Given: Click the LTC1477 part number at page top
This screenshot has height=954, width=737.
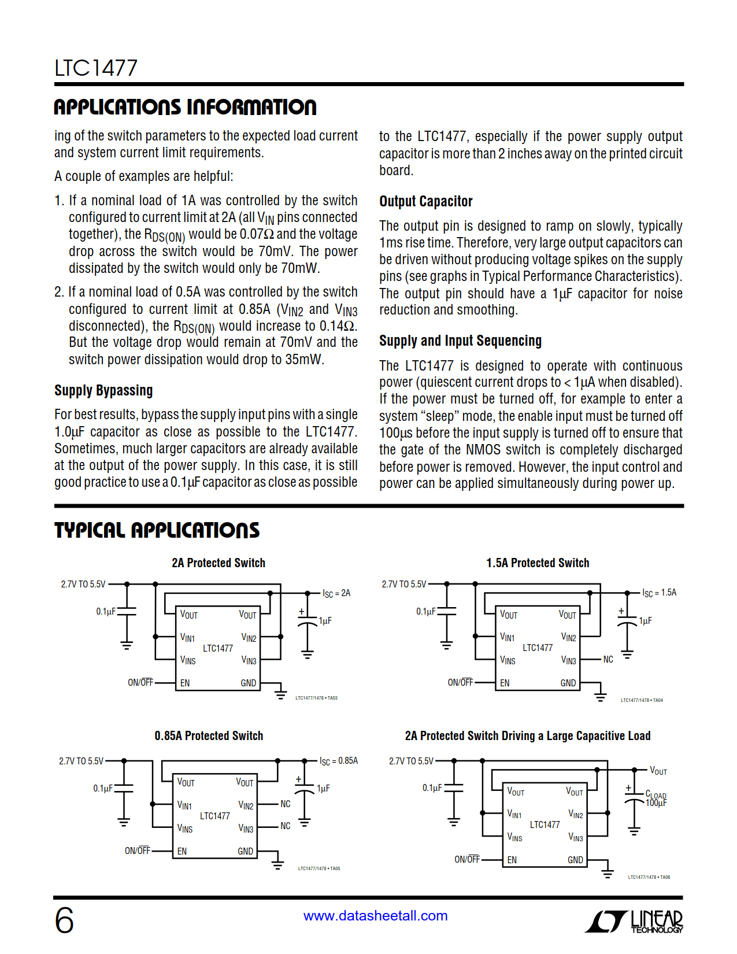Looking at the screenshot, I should click(x=96, y=68).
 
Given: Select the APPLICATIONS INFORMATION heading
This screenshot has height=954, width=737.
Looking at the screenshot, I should click(x=185, y=107).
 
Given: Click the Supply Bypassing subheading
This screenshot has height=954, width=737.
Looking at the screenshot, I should click(x=103, y=391).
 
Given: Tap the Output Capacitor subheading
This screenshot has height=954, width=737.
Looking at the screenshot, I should click(x=425, y=201).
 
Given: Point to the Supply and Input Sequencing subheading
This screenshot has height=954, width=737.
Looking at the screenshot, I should click(x=460, y=341).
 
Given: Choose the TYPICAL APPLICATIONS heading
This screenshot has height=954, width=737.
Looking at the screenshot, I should click(x=157, y=530).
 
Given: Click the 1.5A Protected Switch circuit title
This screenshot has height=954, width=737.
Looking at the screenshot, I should click(x=538, y=563).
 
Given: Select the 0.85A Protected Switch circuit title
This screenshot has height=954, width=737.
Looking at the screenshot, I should click(x=209, y=736).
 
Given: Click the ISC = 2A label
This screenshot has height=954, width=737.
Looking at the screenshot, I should click(x=336, y=593).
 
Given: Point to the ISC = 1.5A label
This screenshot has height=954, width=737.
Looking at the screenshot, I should click(x=659, y=593).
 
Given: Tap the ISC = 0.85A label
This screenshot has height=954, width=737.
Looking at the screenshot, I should click(x=339, y=761).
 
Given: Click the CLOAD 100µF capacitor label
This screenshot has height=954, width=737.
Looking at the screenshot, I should click(x=656, y=799).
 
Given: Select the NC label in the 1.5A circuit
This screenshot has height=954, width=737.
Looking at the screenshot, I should click(x=608, y=660).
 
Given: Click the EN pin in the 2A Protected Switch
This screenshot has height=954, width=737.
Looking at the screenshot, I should click(x=185, y=683).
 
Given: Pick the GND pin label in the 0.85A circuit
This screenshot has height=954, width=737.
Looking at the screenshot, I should click(x=245, y=851).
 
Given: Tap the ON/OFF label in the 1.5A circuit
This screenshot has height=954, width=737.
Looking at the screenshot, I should click(x=460, y=683).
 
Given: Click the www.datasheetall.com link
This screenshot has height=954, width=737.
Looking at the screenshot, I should click(x=375, y=916).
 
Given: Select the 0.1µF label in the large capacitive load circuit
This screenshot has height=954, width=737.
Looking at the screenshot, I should click(x=432, y=788).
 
